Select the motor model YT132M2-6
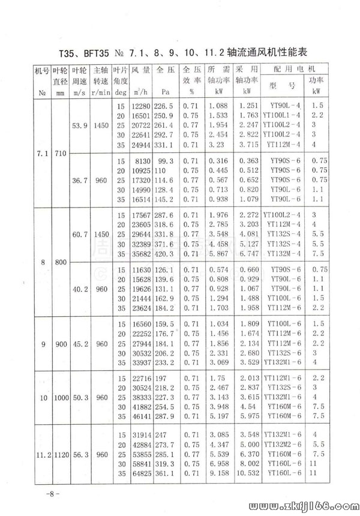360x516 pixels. (x=284, y=444)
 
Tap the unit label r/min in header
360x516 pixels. (x=100, y=92)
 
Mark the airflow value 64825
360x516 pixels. (x=140, y=473)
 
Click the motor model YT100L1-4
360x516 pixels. (x=284, y=115)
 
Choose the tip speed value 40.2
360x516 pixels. (x=80, y=289)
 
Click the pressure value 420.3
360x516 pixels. (x=163, y=254)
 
